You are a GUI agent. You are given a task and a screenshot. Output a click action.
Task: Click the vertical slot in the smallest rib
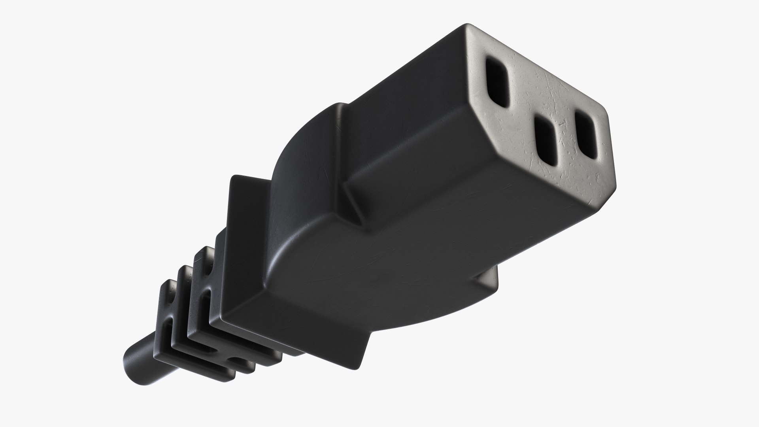click(170, 320)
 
